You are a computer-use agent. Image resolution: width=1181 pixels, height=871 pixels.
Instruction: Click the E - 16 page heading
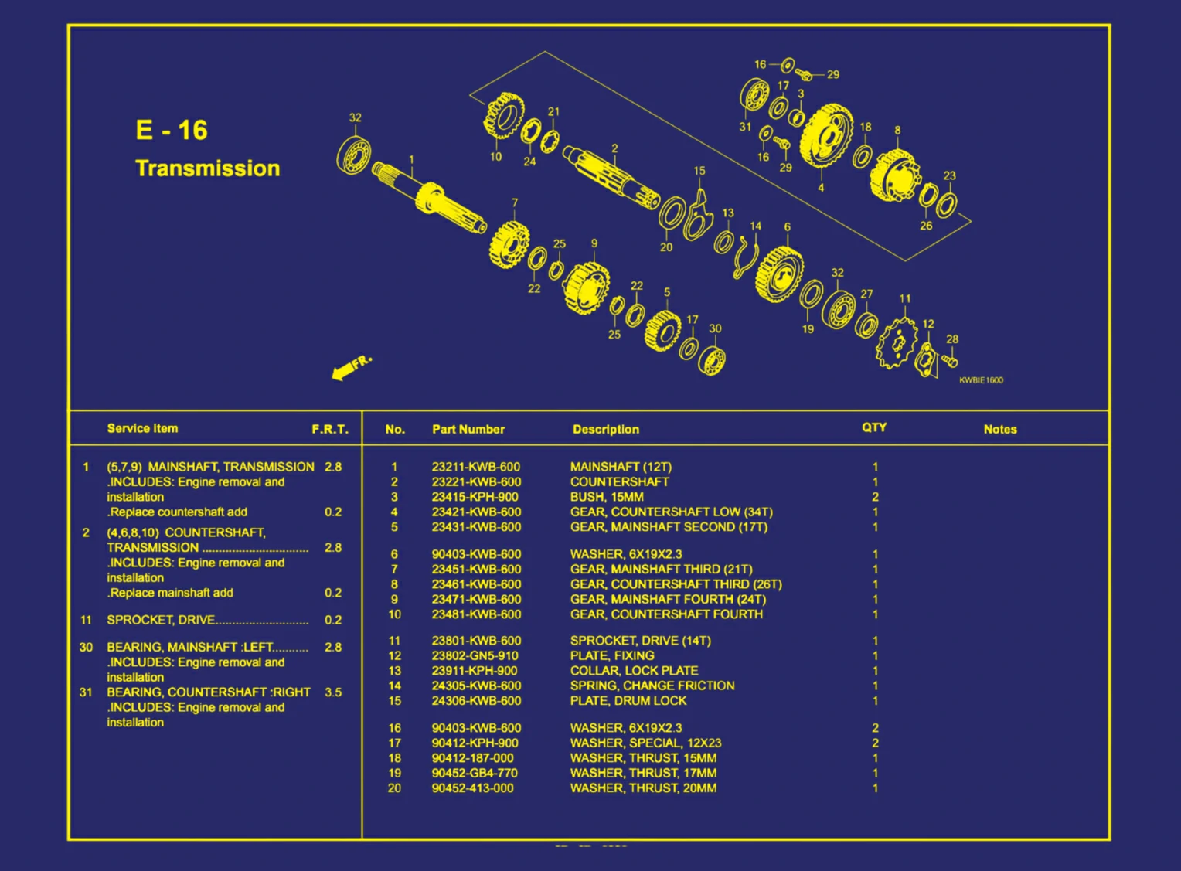tap(171, 130)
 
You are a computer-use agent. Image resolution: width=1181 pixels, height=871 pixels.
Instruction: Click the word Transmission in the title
tap(207, 168)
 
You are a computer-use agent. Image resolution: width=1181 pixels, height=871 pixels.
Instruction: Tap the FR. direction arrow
tap(350, 367)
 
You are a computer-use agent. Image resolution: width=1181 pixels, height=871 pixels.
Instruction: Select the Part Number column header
tap(468, 429)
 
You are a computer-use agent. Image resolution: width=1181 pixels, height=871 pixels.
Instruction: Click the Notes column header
tap(999, 429)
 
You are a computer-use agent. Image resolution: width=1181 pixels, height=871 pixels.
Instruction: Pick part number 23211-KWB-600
tap(475, 467)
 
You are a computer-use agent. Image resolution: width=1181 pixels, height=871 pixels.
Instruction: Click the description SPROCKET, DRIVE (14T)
tap(640, 641)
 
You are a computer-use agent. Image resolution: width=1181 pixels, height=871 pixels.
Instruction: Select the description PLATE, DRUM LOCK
tap(628, 701)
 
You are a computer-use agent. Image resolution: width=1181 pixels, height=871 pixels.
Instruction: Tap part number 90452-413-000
tap(472, 788)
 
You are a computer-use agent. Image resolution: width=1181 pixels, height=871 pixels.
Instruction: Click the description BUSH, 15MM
tap(606, 497)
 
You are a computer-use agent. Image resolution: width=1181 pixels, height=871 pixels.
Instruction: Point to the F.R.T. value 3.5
tap(333, 692)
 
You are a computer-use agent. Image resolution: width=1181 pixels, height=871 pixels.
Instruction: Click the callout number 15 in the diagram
tap(699, 171)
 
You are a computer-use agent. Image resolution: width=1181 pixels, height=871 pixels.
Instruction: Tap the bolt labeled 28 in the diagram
tap(950, 360)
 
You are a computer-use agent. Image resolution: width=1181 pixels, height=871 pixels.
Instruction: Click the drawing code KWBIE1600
tap(981, 380)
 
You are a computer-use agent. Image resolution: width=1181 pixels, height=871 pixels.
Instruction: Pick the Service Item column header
tap(142, 428)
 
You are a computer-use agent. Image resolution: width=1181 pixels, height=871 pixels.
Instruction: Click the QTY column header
tap(874, 427)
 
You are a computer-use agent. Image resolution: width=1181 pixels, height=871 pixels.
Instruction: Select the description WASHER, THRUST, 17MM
tap(643, 773)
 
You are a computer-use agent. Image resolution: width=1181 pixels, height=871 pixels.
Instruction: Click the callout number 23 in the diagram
tap(949, 175)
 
